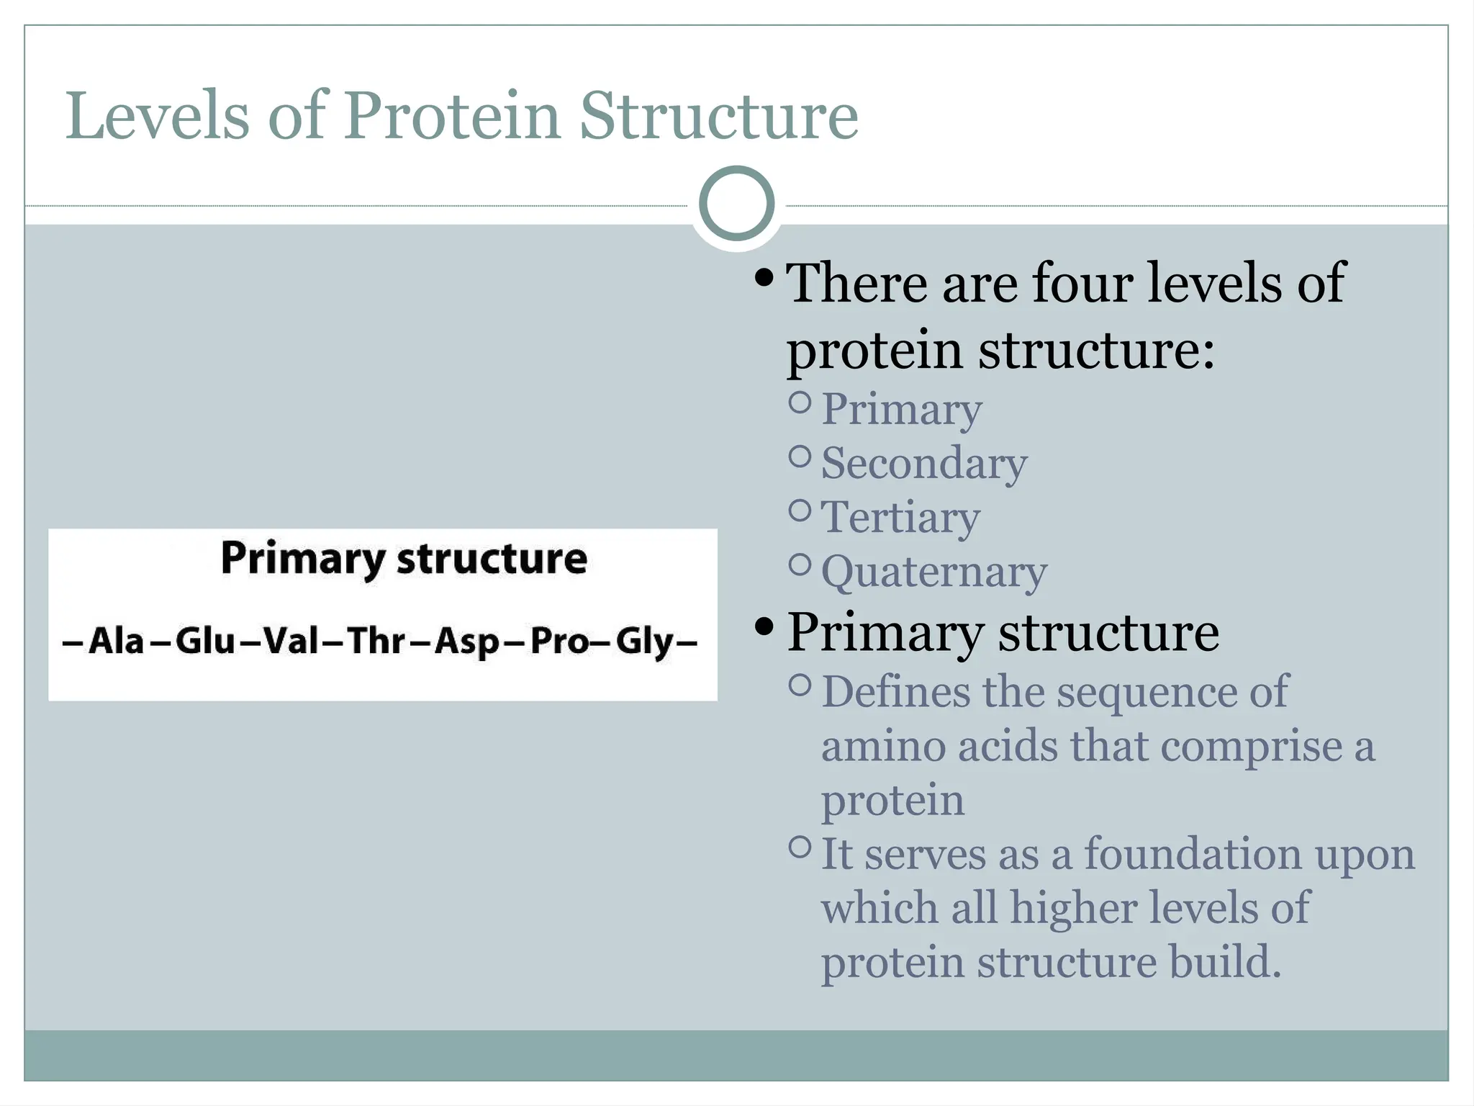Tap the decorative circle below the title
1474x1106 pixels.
pyautogui.click(x=736, y=204)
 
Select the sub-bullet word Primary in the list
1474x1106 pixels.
pyautogui.click(x=901, y=410)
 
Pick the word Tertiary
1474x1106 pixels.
pyautogui.click(x=900, y=518)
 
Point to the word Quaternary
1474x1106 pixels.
pyautogui.click(x=934, y=572)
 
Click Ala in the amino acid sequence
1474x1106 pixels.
pyautogui.click(x=116, y=641)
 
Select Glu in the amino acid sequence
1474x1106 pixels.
pyautogui.click(x=205, y=641)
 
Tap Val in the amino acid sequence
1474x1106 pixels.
pyautogui.click(x=291, y=641)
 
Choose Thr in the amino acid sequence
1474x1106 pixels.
pyautogui.click(x=376, y=641)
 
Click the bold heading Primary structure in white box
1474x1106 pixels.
pyautogui.click(x=404, y=559)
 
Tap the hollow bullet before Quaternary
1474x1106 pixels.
pyautogui.click(x=800, y=564)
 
